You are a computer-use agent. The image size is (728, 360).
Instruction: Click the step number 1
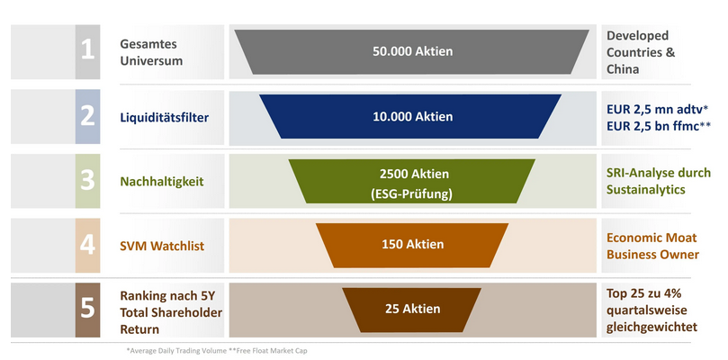(x=87, y=50)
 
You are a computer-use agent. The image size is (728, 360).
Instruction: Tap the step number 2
(x=87, y=116)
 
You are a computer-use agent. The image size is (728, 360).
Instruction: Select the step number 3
(x=87, y=181)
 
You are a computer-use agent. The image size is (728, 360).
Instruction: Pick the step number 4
(x=87, y=244)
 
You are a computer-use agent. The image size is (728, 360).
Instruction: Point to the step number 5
(x=87, y=309)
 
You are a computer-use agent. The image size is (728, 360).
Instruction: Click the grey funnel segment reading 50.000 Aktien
(x=412, y=51)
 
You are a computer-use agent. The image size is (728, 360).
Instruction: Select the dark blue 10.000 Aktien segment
(x=412, y=116)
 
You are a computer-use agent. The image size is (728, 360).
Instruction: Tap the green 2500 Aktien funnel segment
(x=412, y=181)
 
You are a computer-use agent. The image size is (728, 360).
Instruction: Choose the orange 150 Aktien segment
(x=412, y=244)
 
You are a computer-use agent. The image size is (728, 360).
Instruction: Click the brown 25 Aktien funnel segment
(x=412, y=309)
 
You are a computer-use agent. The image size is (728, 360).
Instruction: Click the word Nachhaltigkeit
(x=161, y=181)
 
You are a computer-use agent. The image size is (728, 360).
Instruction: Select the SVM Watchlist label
(x=159, y=244)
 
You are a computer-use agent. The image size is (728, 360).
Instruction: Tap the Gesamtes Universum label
(x=151, y=51)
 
